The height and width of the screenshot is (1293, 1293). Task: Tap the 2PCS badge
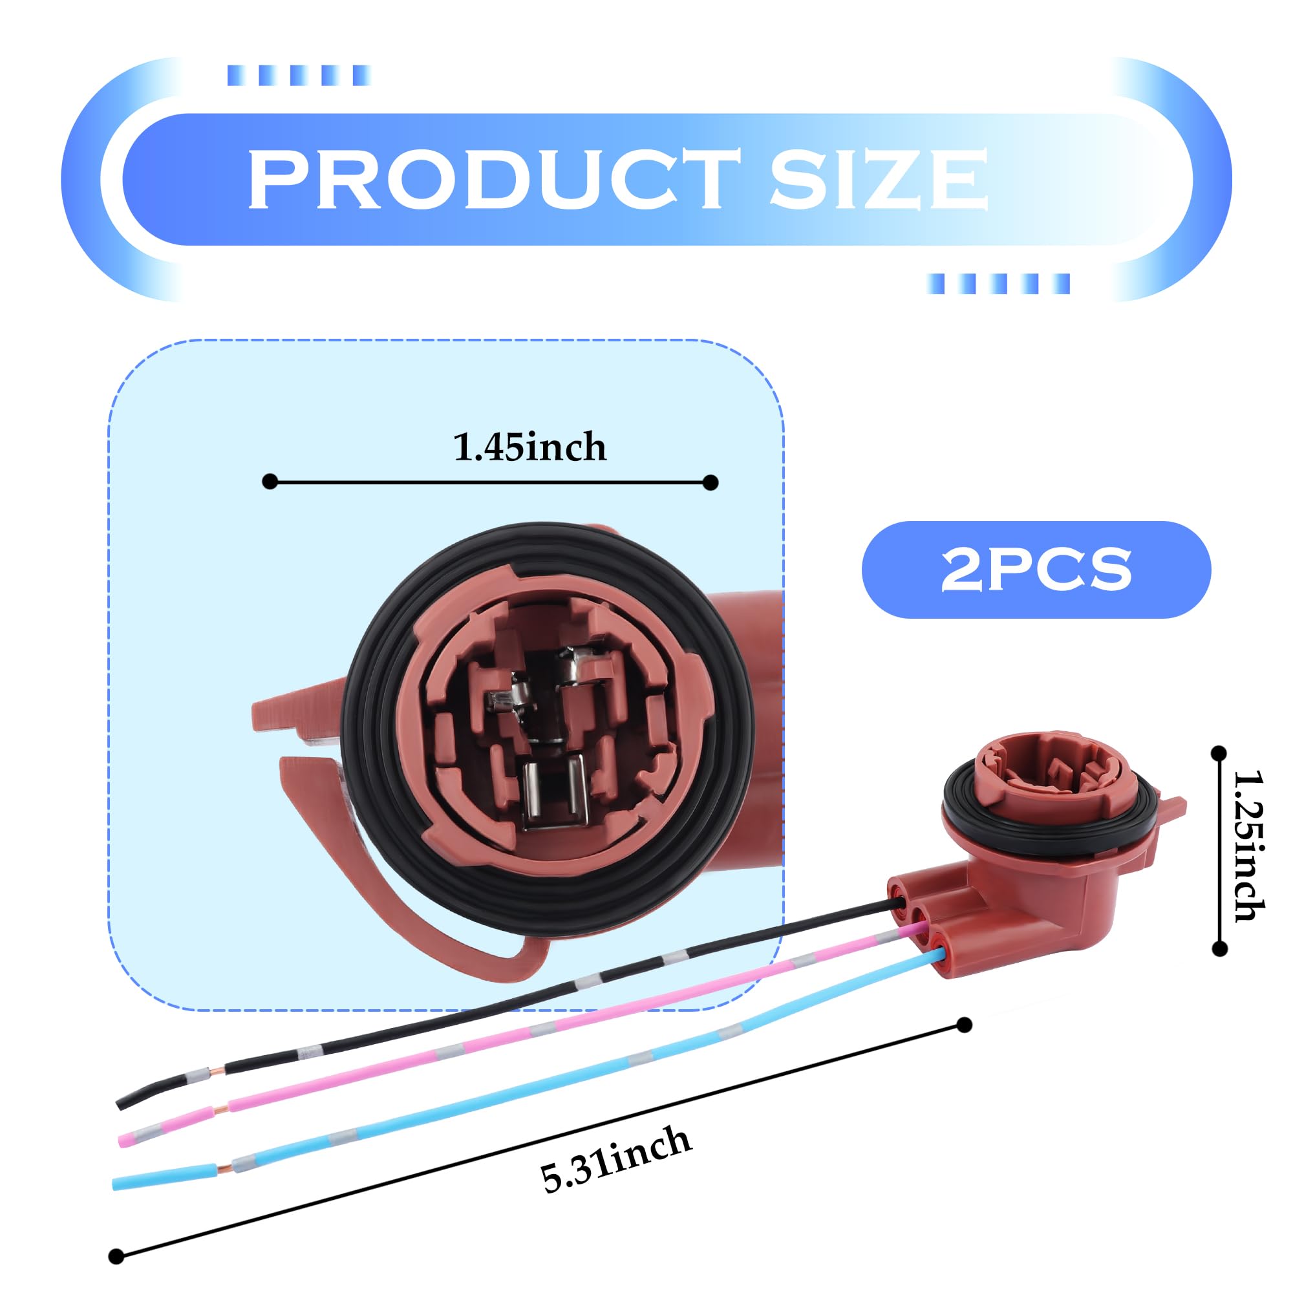(x=1035, y=570)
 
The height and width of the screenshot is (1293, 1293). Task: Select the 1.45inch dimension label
(x=529, y=447)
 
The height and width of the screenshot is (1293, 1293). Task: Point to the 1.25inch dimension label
(x=1247, y=847)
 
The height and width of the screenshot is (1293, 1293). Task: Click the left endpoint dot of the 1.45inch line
(x=270, y=481)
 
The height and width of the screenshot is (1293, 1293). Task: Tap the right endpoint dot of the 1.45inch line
(x=711, y=482)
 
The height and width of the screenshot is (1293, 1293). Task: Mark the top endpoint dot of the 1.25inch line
(x=1219, y=753)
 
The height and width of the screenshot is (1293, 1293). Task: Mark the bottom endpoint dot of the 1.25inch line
(x=1219, y=948)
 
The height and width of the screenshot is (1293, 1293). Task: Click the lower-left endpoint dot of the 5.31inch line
(x=116, y=1256)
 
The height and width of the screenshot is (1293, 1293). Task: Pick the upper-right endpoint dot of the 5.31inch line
(x=964, y=1025)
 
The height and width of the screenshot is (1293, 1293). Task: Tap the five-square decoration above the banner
(x=299, y=75)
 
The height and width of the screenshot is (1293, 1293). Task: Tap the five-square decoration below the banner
(x=998, y=284)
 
